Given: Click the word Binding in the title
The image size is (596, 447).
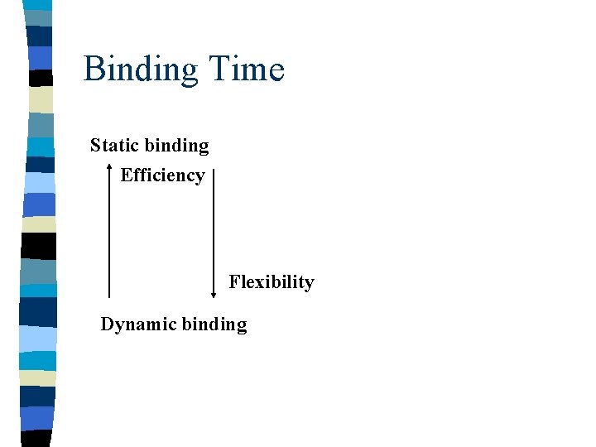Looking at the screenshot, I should click(x=142, y=70).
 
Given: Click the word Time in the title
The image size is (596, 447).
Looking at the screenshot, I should click(x=246, y=69).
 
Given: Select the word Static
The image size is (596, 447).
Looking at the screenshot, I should click(x=114, y=146).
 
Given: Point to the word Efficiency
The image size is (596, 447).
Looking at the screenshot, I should click(x=162, y=175).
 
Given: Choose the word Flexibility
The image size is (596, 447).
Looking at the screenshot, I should click(x=272, y=282).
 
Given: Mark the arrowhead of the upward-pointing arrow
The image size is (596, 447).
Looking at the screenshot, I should click(x=109, y=169).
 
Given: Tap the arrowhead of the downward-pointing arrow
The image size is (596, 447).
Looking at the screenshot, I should click(x=214, y=294).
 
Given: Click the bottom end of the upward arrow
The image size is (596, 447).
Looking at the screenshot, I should click(x=109, y=296).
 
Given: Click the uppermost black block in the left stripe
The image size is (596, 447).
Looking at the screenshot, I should click(x=41, y=79).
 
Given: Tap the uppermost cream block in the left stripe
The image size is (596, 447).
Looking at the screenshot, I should click(x=41, y=100).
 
